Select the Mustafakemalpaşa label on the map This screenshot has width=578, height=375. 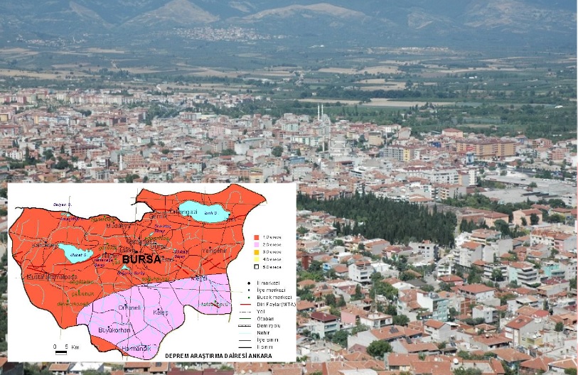click(x=51, y=276)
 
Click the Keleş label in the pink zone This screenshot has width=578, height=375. click(x=161, y=312)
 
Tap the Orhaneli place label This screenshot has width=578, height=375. click(x=131, y=307)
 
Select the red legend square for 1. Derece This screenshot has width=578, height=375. click(x=257, y=236)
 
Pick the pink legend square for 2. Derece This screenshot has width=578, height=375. click(x=257, y=244)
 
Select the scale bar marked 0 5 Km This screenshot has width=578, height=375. click(x=60, y=350)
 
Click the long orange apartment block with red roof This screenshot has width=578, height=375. click(x=486, y=146)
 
